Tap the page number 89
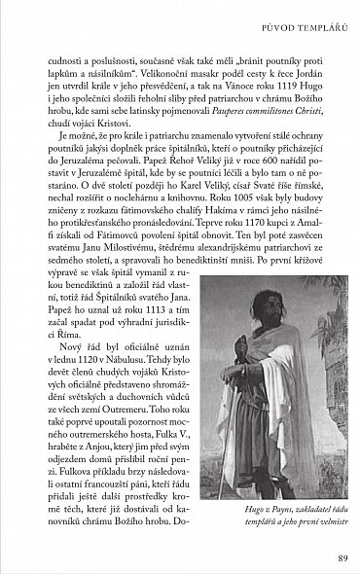331,557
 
